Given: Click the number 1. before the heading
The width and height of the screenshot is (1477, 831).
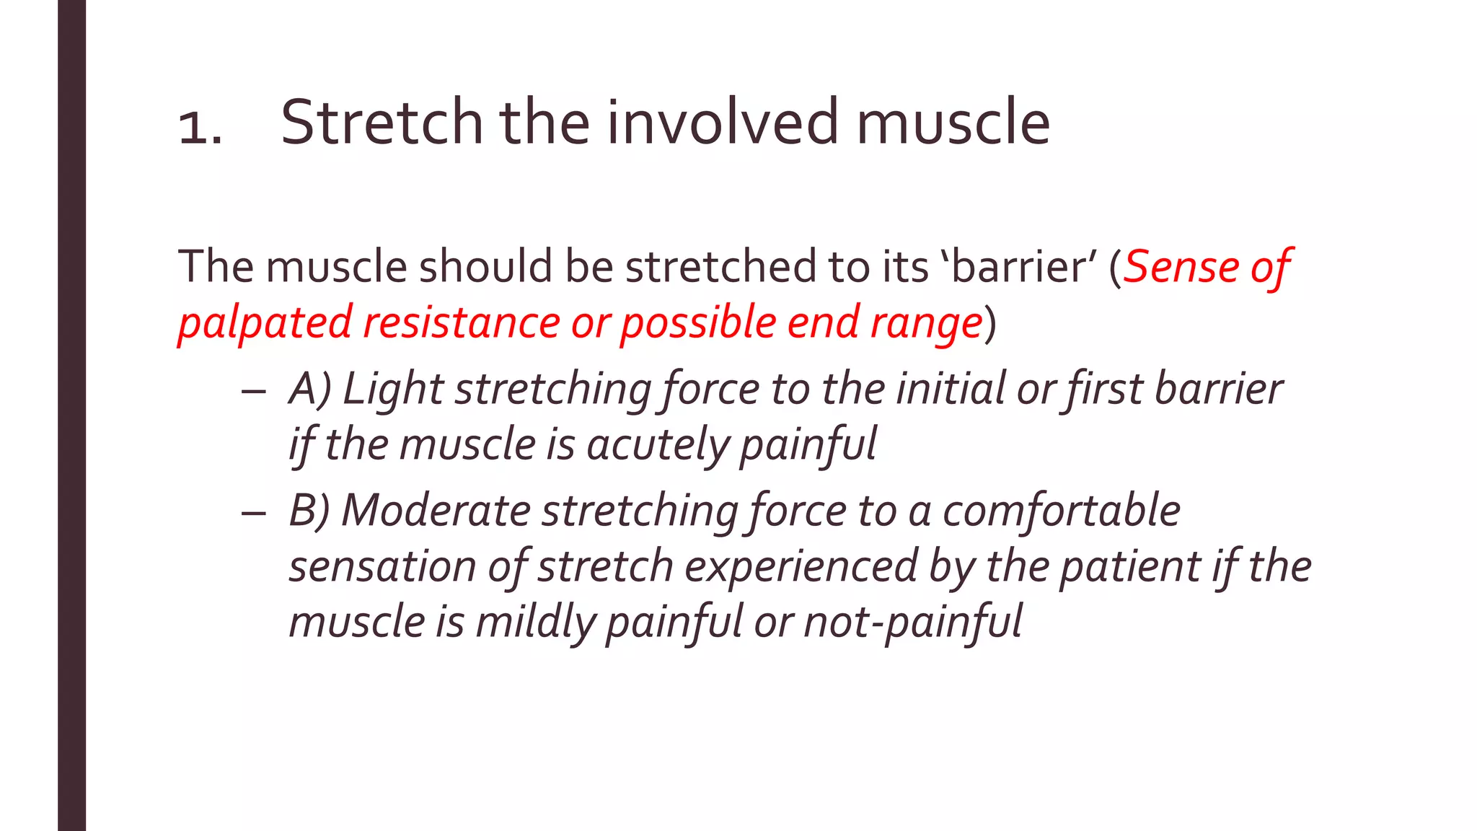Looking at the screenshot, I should click(x=200, y=128).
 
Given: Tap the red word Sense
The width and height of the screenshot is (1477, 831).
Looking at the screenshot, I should click(x=1180, y=266).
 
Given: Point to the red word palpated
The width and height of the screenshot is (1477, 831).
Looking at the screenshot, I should click(x=265, y=322).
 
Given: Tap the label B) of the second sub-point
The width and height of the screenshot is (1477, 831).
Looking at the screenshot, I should click(x=309, y=511).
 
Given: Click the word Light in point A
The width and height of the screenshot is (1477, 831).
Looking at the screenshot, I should click(x=392, y=389).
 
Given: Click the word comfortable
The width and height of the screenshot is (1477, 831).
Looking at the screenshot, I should click(x=1061, y=511).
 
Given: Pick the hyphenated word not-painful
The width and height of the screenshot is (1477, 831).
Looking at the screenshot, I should click(x=912, y=622).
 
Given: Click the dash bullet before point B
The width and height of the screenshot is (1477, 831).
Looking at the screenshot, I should click(x=254, y=512).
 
